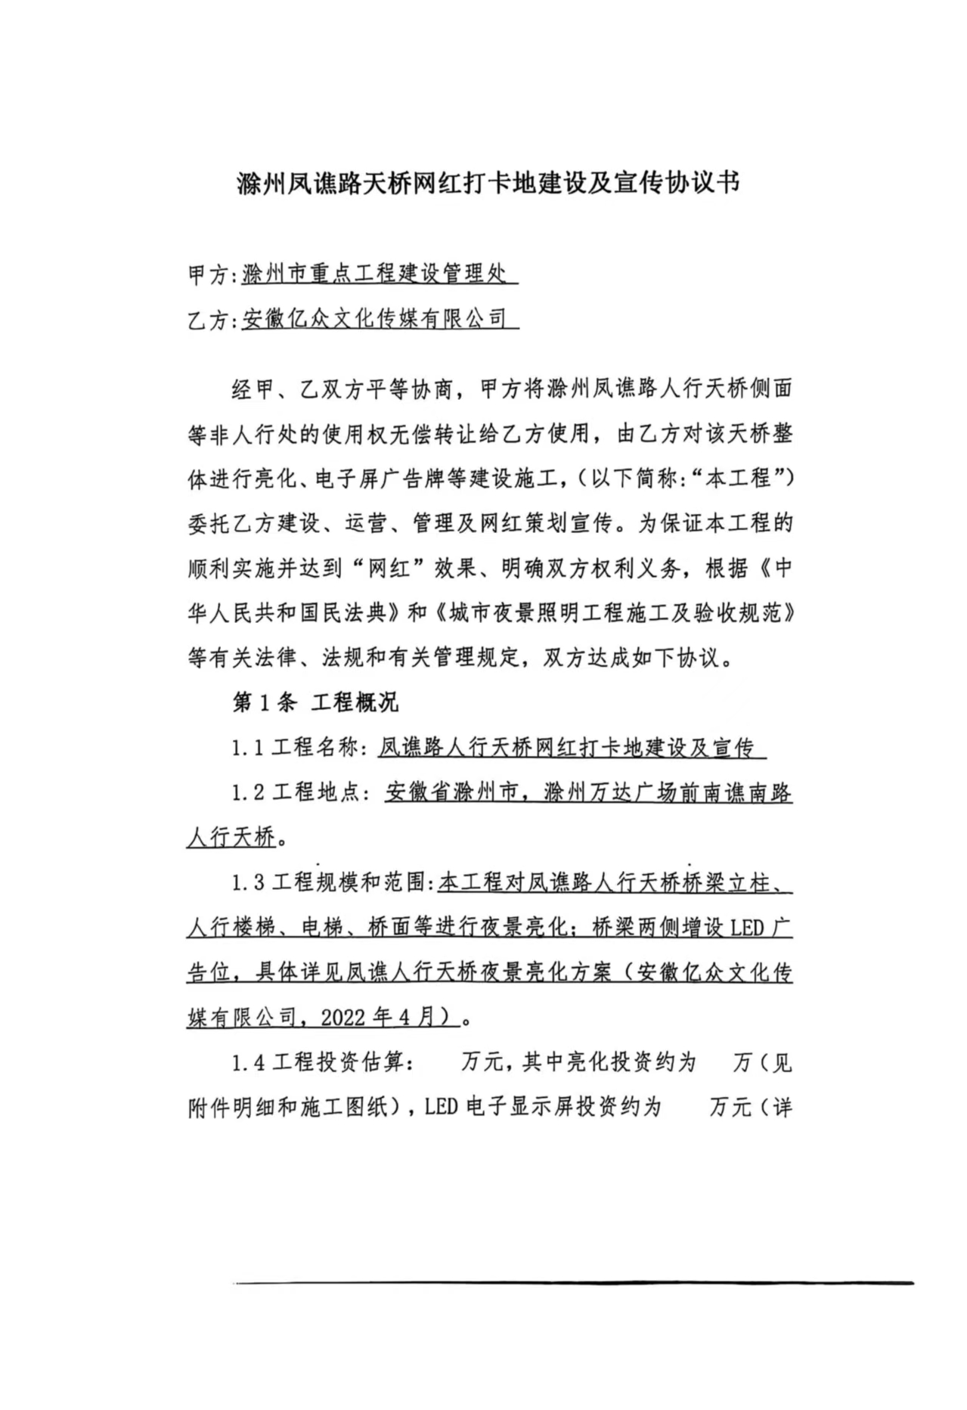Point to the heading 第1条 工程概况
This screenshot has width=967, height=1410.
(315, 703)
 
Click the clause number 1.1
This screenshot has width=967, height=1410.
(248, 748)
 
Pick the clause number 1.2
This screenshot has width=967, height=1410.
(248, 794)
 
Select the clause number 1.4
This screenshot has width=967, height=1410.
(248, 1063)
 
